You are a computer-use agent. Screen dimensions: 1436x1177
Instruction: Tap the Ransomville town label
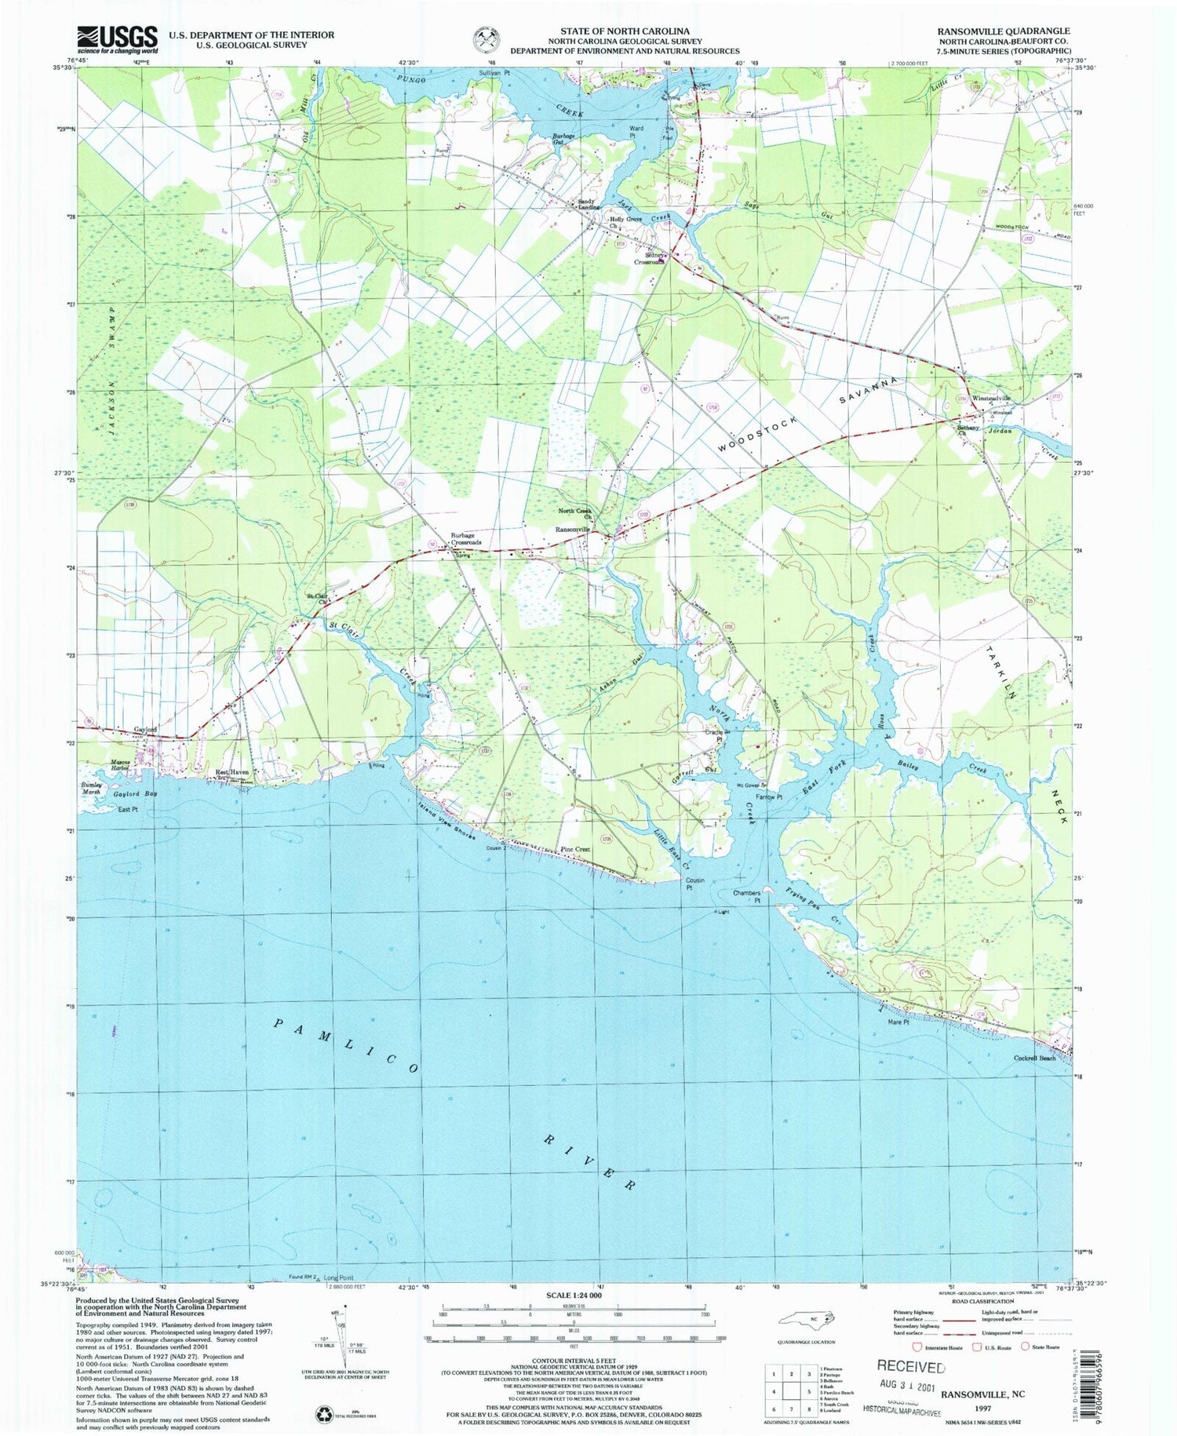572,530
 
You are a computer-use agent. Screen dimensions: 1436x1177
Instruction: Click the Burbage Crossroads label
465,540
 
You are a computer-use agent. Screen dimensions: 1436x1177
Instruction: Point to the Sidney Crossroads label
649,258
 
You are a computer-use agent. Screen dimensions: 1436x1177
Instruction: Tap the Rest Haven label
232,772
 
